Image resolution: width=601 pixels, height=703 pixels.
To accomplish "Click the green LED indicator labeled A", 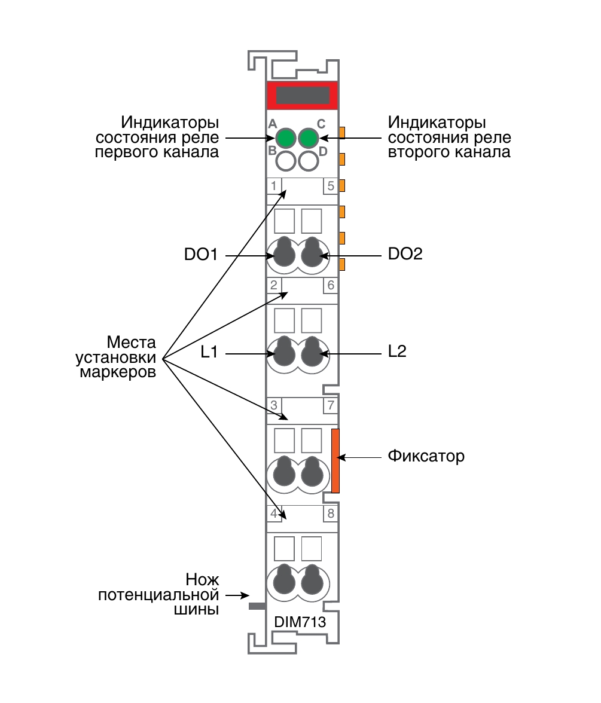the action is click(x=286, y=138).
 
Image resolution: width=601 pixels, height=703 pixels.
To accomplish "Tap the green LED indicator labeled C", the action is click(x=309, y=138).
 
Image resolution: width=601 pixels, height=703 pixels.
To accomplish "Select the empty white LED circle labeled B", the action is click(x=286, y=161).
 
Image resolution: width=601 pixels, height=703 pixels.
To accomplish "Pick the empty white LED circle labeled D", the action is click(x=309, y=161).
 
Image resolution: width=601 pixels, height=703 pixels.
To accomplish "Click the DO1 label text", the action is click(x=201, y=255).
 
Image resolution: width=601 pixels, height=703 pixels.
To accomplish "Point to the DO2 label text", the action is click(x=405, y=253).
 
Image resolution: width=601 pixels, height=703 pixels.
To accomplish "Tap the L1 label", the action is click(x=209, y=352).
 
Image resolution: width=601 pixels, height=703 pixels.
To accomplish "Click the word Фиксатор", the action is click(x=426, y=456).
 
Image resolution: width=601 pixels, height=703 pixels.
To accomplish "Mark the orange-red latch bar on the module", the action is click(x=335, y=460).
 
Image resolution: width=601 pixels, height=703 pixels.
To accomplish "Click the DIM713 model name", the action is click(x=300, y=622).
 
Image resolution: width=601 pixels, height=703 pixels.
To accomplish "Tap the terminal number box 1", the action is click(x=274, y=185).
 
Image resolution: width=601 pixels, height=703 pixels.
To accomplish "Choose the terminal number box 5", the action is click(x=331, y=185).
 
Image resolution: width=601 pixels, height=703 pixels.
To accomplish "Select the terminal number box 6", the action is click(x=331, y=285).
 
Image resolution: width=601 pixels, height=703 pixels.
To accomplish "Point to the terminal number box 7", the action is click(x=331, y=405).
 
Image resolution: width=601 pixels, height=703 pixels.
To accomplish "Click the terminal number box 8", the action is click(x=331, y=514).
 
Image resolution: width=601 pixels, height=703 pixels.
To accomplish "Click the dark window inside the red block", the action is click(x=303, y=96).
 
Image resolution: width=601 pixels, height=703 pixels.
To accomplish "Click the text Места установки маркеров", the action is click(x=116, y=357).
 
